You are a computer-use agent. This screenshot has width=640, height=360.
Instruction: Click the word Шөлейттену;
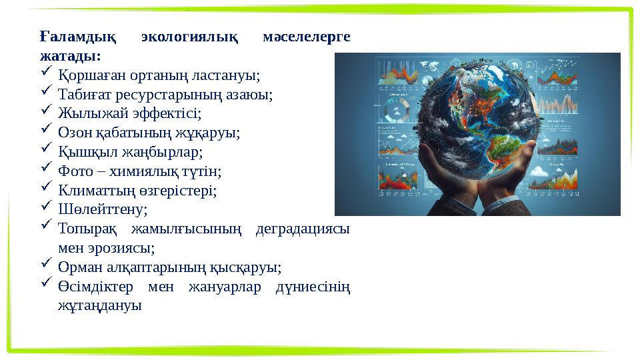click(x=103, y=210)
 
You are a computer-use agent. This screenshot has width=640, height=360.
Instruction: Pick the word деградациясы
click(x=303, y=229)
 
